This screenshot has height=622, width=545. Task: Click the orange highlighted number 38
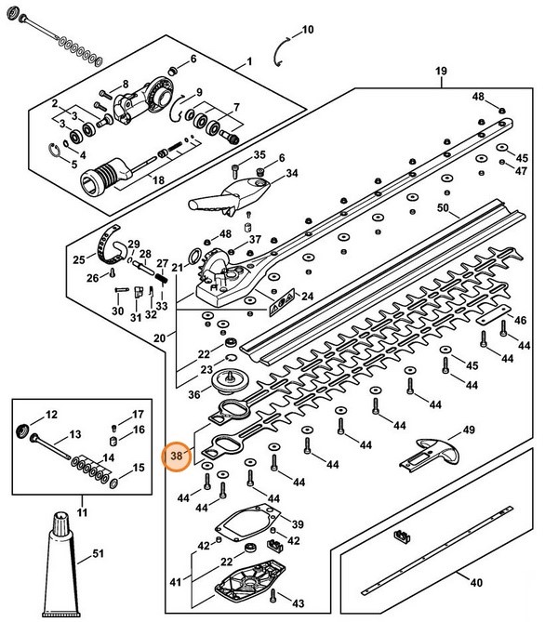point(177,456)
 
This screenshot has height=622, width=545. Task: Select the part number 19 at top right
point(441,71)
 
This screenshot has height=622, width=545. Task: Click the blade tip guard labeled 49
point(429,456)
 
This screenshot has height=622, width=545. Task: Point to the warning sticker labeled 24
point(282,302)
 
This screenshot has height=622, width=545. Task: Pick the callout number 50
point(443,208)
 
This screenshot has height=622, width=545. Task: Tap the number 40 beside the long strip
point(476,582)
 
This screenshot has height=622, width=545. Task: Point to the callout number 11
point(82,512)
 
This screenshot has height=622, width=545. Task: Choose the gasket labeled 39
point(247,523)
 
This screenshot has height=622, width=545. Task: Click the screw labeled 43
point(273,595)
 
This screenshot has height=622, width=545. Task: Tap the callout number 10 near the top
point(308,30)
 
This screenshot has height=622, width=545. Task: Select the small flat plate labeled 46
point(493,314)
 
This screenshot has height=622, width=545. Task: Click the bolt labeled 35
point(234,172)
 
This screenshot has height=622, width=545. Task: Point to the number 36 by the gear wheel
point(194,395)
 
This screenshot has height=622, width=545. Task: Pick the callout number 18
point(158,180)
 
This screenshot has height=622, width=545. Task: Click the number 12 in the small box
point(51,415)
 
